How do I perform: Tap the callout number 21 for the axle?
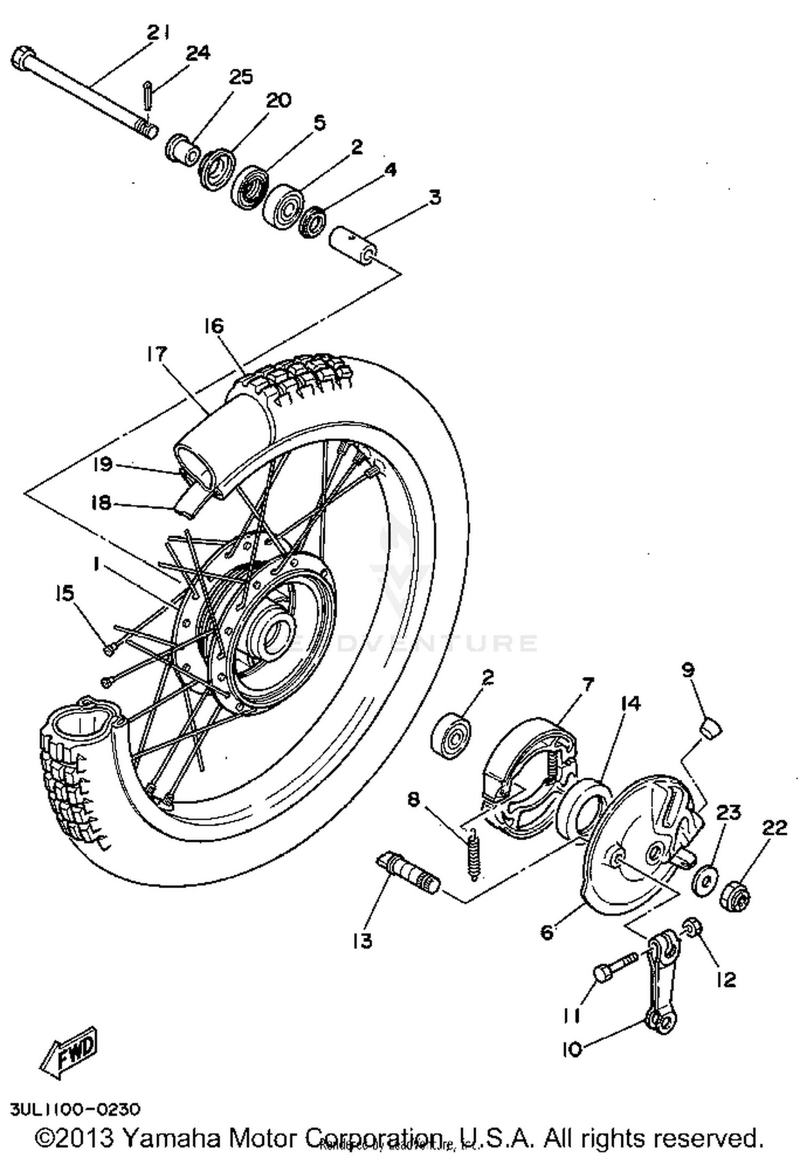pyautogui.click(x=158, y=34)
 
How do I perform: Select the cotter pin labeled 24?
pyautogui.click(x=147, y=94)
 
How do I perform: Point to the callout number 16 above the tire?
pyautogui.click(x=214, y=326)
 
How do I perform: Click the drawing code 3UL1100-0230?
pyautogui.click(x=75, y=1109)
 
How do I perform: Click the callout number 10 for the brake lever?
pyautogui.click(x=572, y=1049)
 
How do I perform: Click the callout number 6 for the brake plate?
pyautogui.click(x=547, y=932)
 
